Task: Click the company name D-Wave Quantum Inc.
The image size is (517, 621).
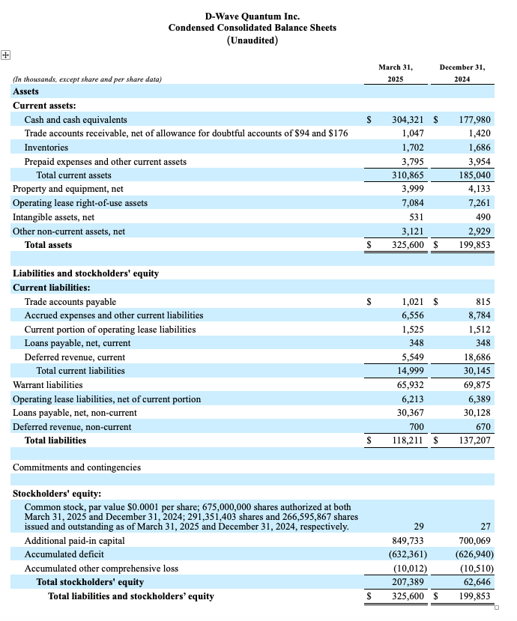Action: point(252,16)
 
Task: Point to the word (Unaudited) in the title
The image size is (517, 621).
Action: point(252,40)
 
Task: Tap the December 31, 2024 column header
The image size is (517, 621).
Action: point(462,73)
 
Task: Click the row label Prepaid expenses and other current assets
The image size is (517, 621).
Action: point(106,162)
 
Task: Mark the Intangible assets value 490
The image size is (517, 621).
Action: point(483,217)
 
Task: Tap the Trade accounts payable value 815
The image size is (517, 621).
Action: point(483,302)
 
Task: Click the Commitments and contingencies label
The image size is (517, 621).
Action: point(76,467)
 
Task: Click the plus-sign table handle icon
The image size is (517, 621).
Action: point(5,54)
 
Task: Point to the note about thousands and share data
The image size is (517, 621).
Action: point(87,79)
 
